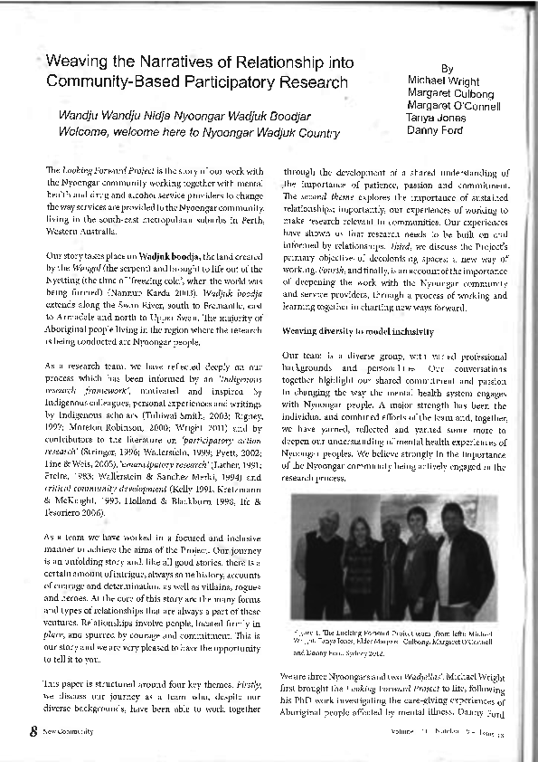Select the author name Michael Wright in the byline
tap(444, 81)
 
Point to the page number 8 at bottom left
tap(33, 730)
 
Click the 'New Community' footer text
tap(68, 731)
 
